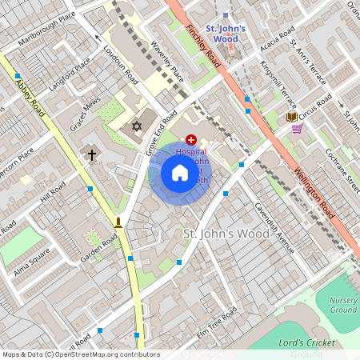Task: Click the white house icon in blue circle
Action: coord(180,173)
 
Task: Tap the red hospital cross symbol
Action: coord(190,140)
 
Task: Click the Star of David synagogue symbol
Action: coord(136,126)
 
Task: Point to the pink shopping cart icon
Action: coord(297,128)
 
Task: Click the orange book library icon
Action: coord(291,118)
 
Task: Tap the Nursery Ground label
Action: coord(343,305)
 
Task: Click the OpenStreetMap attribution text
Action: coord(81,354)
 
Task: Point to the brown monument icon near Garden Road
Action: coord(118,222)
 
